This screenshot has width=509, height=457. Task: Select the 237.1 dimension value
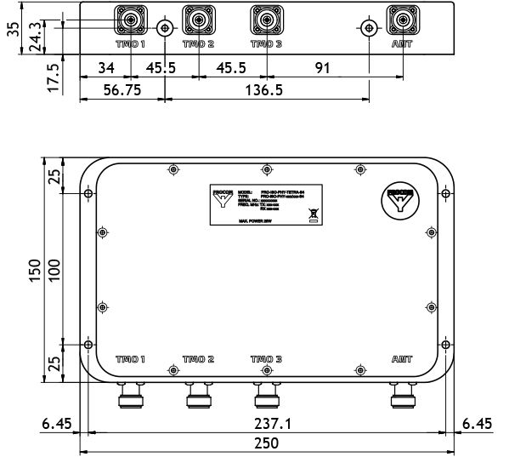[266, 423]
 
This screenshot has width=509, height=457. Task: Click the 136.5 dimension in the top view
[266, 89]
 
